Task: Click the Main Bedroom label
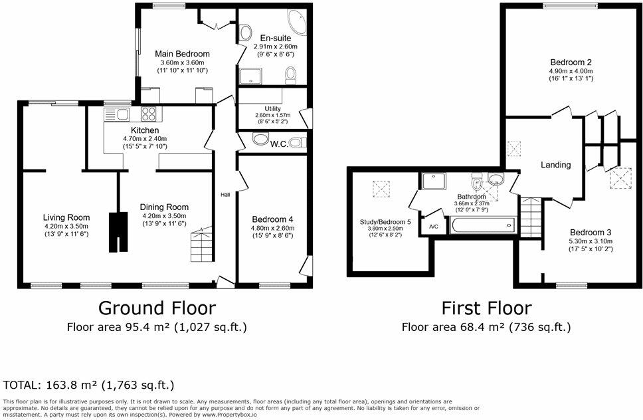(182, 54)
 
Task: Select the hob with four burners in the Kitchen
(148, 114)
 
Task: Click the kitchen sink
(117, 114)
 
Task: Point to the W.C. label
(279, 144)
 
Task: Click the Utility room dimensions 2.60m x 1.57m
(273, 115)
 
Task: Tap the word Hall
(225, 195)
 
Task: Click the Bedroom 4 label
(273, 219)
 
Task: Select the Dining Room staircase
(203, 245)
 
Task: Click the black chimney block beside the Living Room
(118, 232)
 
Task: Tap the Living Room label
(66, 217)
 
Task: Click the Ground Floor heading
(157, 308)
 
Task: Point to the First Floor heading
(487, 308)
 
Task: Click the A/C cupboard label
(434, 227)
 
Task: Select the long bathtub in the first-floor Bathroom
(482, 225)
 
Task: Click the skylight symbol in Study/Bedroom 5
(381, 189)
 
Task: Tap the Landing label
(556, 165)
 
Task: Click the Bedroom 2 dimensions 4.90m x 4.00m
(571, 71)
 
